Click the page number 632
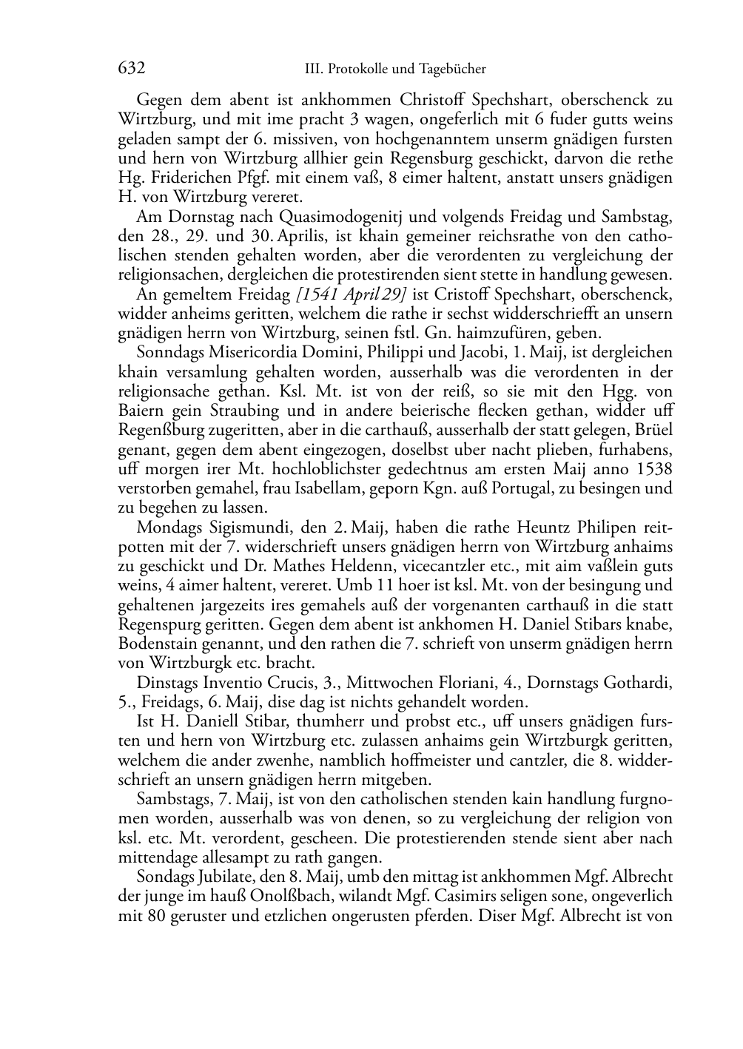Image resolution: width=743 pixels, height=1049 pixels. (131, 68)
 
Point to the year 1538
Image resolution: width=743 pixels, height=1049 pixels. (650, 469)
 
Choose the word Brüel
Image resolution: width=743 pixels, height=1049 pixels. (652, 430)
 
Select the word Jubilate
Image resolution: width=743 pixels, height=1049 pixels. (225, 877)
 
